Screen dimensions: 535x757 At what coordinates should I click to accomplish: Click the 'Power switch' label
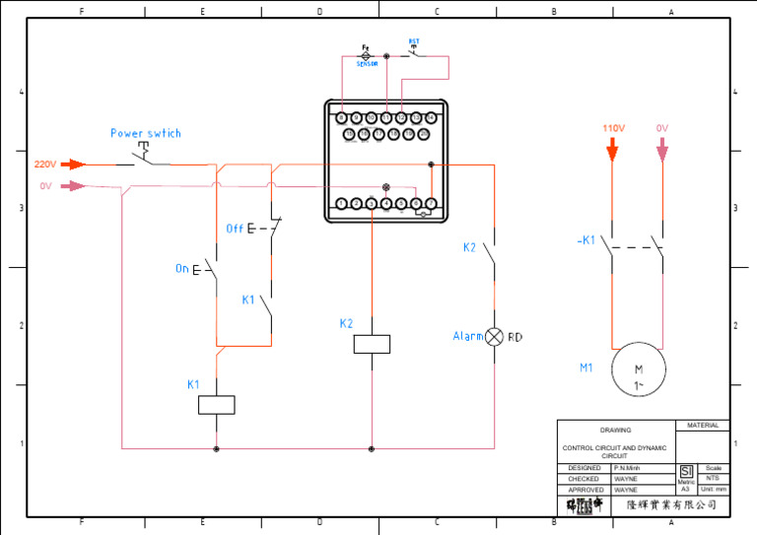(145, 133)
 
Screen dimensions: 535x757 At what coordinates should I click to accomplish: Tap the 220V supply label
(45, 165)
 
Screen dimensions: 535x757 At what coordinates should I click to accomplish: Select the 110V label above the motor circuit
(613, 128)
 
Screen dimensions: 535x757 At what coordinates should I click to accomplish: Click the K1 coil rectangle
(216, 404)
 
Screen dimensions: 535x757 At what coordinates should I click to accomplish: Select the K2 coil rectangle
(372, 344)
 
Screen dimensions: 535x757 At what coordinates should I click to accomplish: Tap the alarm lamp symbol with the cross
(495, 337)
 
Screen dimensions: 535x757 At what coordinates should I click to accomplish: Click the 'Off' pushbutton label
(235, 229)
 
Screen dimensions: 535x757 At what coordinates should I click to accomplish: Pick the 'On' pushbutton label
(182, 269)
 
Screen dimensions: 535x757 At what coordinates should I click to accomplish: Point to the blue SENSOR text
(367, 63)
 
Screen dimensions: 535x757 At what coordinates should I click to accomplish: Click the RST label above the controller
(414, 42)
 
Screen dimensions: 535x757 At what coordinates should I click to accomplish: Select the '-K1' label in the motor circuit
(585, 240)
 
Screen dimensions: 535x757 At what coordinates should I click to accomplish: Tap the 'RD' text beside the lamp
(515, 337)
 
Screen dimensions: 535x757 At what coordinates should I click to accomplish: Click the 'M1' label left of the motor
(585, 368)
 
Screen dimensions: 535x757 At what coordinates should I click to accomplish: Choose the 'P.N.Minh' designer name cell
(627, 468)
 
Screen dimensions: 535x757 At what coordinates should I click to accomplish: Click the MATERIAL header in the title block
(702, 426)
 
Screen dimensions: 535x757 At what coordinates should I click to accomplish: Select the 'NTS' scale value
(714, 478)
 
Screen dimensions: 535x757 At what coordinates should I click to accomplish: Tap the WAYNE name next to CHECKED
(625, 479)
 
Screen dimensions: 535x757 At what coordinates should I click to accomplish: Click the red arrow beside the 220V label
(74, 165)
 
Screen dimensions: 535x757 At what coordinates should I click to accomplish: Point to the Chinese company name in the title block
(671, 504)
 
